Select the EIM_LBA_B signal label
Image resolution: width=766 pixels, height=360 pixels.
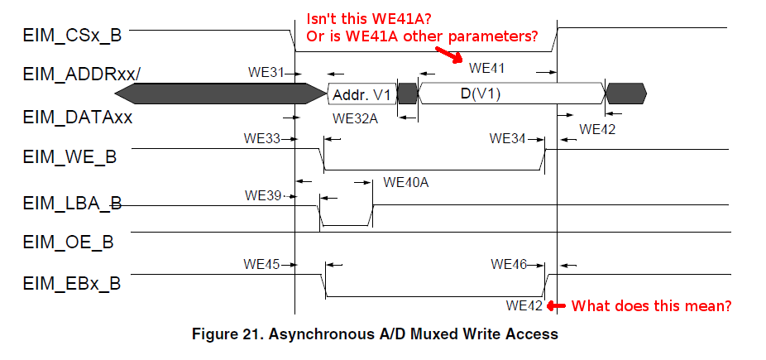pyautogui.click(x=72, y=203)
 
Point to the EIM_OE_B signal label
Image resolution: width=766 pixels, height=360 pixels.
pyautogui.click(x=68, y=242)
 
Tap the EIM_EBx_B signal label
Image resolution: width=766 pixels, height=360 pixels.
pyautogui.click(x=72, y=283)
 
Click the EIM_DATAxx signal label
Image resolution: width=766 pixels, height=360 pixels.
pyautogui.click(x=78, y=118)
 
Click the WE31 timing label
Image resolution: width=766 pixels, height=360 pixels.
pyautogui.click(x=266, y=72)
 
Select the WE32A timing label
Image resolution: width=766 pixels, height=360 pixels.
pyautogui.click(x=355, y=118)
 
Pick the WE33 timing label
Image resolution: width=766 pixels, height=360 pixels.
pyautogui.click(x=262, y=137)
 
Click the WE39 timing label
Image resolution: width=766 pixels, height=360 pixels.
pyautogui.click(x=263, y=195)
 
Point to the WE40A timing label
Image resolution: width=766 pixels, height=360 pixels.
pyautogui.click(x=406, y=182)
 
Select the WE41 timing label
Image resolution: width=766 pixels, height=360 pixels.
pyautogui.click(x=486, y=68)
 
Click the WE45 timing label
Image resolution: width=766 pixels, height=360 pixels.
pyautogui.click(x=262, y=264)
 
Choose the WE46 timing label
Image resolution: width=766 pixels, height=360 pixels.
pyautogui.click(x=509, y=264)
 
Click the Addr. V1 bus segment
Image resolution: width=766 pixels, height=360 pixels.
pyautogui.click(x=361, y=93)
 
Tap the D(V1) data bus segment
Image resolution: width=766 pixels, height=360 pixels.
pyautogui.click(x=481, y=93)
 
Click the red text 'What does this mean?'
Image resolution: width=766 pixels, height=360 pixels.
pyautogui.click(x=652, y=305)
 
